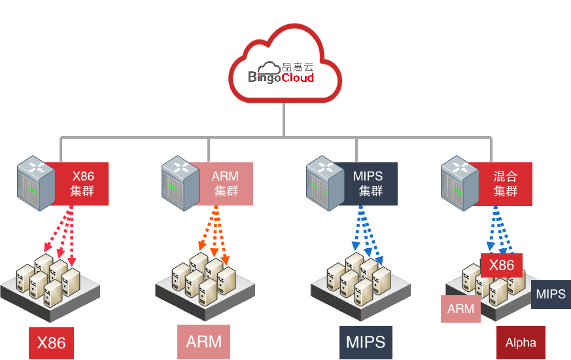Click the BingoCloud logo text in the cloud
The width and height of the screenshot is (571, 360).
(x=281, y=77)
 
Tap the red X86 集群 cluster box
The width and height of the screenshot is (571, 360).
(x=82, y=184)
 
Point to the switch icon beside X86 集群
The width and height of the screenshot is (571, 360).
(x=36, y=183)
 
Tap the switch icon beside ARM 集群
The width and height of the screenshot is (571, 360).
(x=181, y=183)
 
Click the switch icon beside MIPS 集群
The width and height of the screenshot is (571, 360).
(x=325, y=183)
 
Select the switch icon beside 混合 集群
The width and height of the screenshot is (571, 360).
(x=460, y=183)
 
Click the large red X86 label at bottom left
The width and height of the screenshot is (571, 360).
(x=52, y=343)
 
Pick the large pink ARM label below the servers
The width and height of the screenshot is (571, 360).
(x=204, y=342)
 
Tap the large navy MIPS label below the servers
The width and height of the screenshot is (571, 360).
(x=366, y=342)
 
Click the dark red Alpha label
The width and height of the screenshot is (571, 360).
(x=521, y=342)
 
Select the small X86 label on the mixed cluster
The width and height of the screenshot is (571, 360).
(x=502, y=265)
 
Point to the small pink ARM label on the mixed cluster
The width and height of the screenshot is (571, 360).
(x=460, y=309)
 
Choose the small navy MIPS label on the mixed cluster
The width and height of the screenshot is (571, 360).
(x=551, y=294)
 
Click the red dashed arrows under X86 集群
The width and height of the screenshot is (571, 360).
(x=64, y=235)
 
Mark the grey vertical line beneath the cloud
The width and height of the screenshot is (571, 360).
(x=284, y=120)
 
